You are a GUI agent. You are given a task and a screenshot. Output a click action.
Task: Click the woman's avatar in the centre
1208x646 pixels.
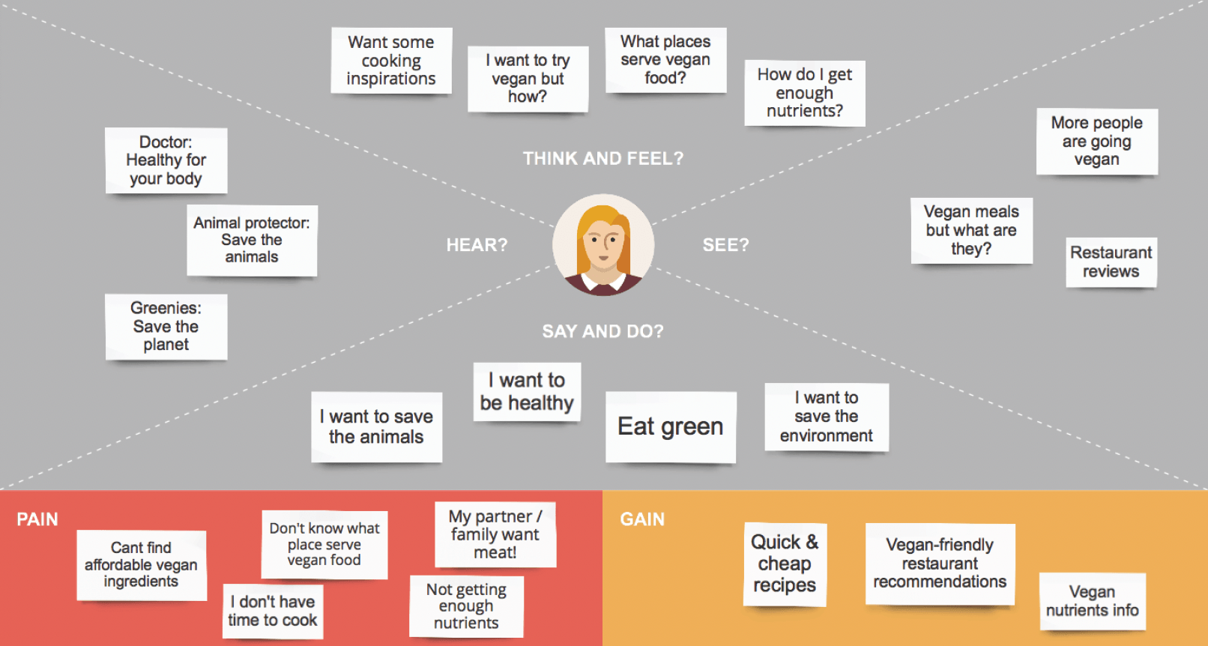[x=603, y=245]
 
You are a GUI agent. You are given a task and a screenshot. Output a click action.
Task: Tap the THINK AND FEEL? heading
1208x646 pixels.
[x=603, y=159]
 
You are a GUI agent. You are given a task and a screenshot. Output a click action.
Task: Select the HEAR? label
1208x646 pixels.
[x=477, y=245]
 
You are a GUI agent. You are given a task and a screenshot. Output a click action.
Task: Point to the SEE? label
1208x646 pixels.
[x=725, y=245]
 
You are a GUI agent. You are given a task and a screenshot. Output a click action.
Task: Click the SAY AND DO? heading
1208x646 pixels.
[x=603, y=331]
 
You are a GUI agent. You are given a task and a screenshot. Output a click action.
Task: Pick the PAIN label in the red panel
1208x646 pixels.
[x=37, y=519]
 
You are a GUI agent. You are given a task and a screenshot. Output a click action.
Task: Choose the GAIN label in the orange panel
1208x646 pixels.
[x=642, y=519]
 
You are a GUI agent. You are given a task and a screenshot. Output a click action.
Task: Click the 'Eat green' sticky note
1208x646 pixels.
[x=671, y=426]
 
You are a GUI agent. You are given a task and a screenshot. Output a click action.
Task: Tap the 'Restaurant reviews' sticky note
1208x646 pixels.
[x=1111, y=262]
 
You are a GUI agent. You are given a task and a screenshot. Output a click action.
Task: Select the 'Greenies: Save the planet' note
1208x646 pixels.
[x=166, y=327]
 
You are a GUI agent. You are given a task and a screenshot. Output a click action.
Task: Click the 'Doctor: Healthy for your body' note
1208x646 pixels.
[x=166, y=160]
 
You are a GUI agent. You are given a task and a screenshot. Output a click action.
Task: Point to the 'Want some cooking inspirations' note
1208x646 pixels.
[x=391, y=61]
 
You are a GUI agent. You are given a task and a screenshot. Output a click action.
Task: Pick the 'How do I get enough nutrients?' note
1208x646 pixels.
[x=805, y=93]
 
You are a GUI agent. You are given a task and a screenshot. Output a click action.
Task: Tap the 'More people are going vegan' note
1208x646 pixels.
[x=1097, y=141]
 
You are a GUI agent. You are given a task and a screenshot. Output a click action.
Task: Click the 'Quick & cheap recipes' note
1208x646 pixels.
[x=785, y=564]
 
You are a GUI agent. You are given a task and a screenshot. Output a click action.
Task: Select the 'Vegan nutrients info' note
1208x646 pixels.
[x=1092, y=601]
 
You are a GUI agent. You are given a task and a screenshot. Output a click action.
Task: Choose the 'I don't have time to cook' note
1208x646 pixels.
[x=273, y=611]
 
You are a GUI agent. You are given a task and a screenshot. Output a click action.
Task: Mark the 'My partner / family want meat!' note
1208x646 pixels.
[x=495, y=534]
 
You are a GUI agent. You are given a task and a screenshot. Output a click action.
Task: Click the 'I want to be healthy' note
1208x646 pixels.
[x=527, y=392]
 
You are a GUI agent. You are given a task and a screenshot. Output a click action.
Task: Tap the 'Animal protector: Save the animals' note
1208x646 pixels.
[x=252, y=240]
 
